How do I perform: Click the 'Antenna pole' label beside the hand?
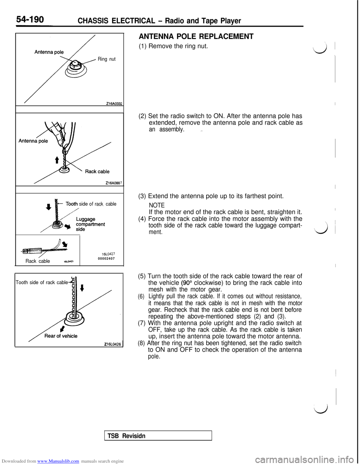point(33,141)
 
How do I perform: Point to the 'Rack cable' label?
point(97,171)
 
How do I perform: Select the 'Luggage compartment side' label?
point(90,224)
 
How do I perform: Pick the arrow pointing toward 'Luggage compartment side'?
point(67,227)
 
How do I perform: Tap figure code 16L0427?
point(108,254)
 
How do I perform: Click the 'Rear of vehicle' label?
point(61,336)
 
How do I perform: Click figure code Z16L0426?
point(113,343)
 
